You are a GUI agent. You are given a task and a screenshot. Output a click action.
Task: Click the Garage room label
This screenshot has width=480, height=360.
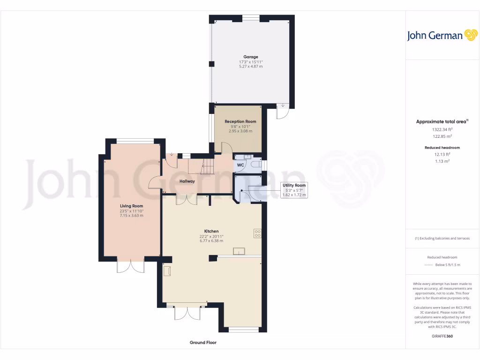[x=250, y=57]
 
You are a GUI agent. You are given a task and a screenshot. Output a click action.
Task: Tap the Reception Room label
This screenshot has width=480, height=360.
[x=240, y=121]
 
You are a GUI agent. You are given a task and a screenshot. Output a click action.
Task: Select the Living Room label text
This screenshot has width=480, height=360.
[x=131, y=206]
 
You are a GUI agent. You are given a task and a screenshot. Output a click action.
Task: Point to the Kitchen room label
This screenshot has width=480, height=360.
[x=211, y=231]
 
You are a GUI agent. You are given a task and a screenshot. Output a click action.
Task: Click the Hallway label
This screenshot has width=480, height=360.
[x=187, y=181]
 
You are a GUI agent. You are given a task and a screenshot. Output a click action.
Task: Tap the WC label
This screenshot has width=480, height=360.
[x=240, y=165]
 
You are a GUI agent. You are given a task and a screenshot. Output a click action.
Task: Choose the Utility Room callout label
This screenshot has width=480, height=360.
[x=294, y=185]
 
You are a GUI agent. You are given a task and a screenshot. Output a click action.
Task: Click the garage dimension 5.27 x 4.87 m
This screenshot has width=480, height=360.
[x=250, y=67]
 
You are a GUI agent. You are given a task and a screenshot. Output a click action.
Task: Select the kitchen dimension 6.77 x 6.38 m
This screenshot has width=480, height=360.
[x=211, y=241]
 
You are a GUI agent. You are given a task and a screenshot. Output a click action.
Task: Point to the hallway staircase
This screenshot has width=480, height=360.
[x=207, y=166]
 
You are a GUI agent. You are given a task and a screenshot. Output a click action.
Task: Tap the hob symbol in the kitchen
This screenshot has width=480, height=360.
[x=258, y=233]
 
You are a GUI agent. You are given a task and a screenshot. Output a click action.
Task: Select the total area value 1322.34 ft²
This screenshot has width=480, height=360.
[x=442, y=129]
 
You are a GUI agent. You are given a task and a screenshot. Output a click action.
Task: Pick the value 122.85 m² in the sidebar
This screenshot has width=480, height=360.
[x=442, y=136]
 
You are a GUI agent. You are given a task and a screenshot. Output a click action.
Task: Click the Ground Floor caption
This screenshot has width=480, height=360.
[x=203, y=343]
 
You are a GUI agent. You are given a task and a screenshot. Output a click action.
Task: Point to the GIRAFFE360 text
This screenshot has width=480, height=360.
[x=442, y=336]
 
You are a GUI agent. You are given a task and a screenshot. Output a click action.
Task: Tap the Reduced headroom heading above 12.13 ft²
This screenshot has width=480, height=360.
[x=442, y=148]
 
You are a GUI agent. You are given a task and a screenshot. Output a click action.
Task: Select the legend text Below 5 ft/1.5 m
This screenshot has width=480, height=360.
[x=448, y=265]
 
